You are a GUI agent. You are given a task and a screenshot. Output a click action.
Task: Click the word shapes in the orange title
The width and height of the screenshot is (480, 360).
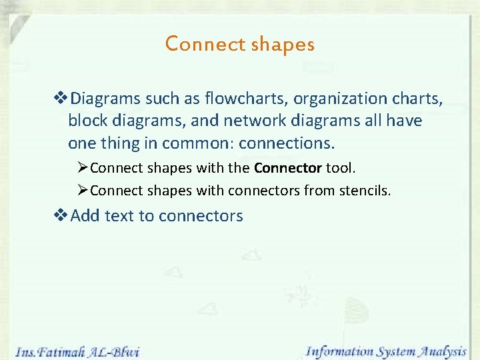[283, 45]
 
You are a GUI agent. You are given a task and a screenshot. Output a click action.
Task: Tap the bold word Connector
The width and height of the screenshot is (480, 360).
[288, 167]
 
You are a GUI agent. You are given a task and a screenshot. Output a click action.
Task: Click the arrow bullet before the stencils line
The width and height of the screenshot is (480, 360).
[83, 191]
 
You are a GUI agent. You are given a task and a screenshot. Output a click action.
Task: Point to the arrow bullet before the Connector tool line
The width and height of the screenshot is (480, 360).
[83, 167]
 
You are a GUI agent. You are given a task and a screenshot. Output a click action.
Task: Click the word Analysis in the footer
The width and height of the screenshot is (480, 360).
[443, 350]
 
